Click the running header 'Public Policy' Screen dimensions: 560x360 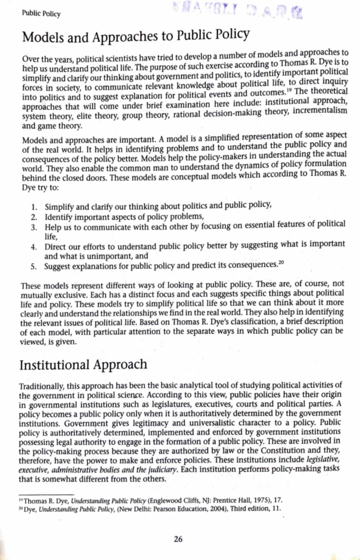point(41,14)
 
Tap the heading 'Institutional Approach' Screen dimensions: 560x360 point(83,365)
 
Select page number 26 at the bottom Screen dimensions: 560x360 point(178,539)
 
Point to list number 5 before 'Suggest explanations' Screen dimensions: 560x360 point(34,267)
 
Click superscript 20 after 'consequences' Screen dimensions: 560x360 point(281,263)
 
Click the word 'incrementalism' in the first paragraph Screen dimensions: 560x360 point(320,110)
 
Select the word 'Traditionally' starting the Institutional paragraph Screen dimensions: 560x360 point(41,386)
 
